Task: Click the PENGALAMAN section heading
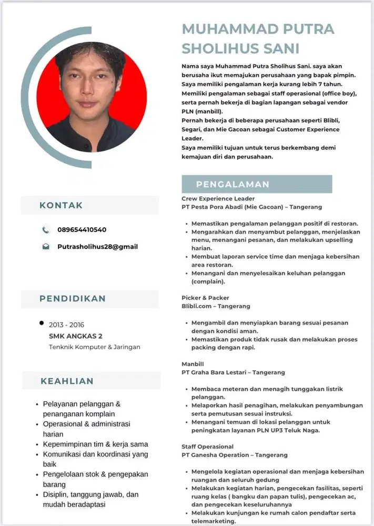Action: point(233,184)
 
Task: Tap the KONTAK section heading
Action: point(61,205)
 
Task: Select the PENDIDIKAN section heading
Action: point(73,299)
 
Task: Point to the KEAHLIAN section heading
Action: point(67,381)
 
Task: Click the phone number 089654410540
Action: point(82,230)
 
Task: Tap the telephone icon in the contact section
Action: point(46,230)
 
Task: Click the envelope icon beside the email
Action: point(46,246)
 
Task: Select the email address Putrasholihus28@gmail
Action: point(97,246)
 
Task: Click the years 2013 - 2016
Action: point(66,325)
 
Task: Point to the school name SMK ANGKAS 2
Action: point(76,336)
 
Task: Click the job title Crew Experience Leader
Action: point(218,199)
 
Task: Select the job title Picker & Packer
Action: point(206,298)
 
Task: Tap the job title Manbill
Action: point(193,364)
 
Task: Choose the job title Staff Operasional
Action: point(208,447)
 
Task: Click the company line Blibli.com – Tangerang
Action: point(216,306)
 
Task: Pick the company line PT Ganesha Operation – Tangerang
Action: point(235,455)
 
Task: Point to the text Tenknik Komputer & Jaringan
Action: point(95,347)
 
